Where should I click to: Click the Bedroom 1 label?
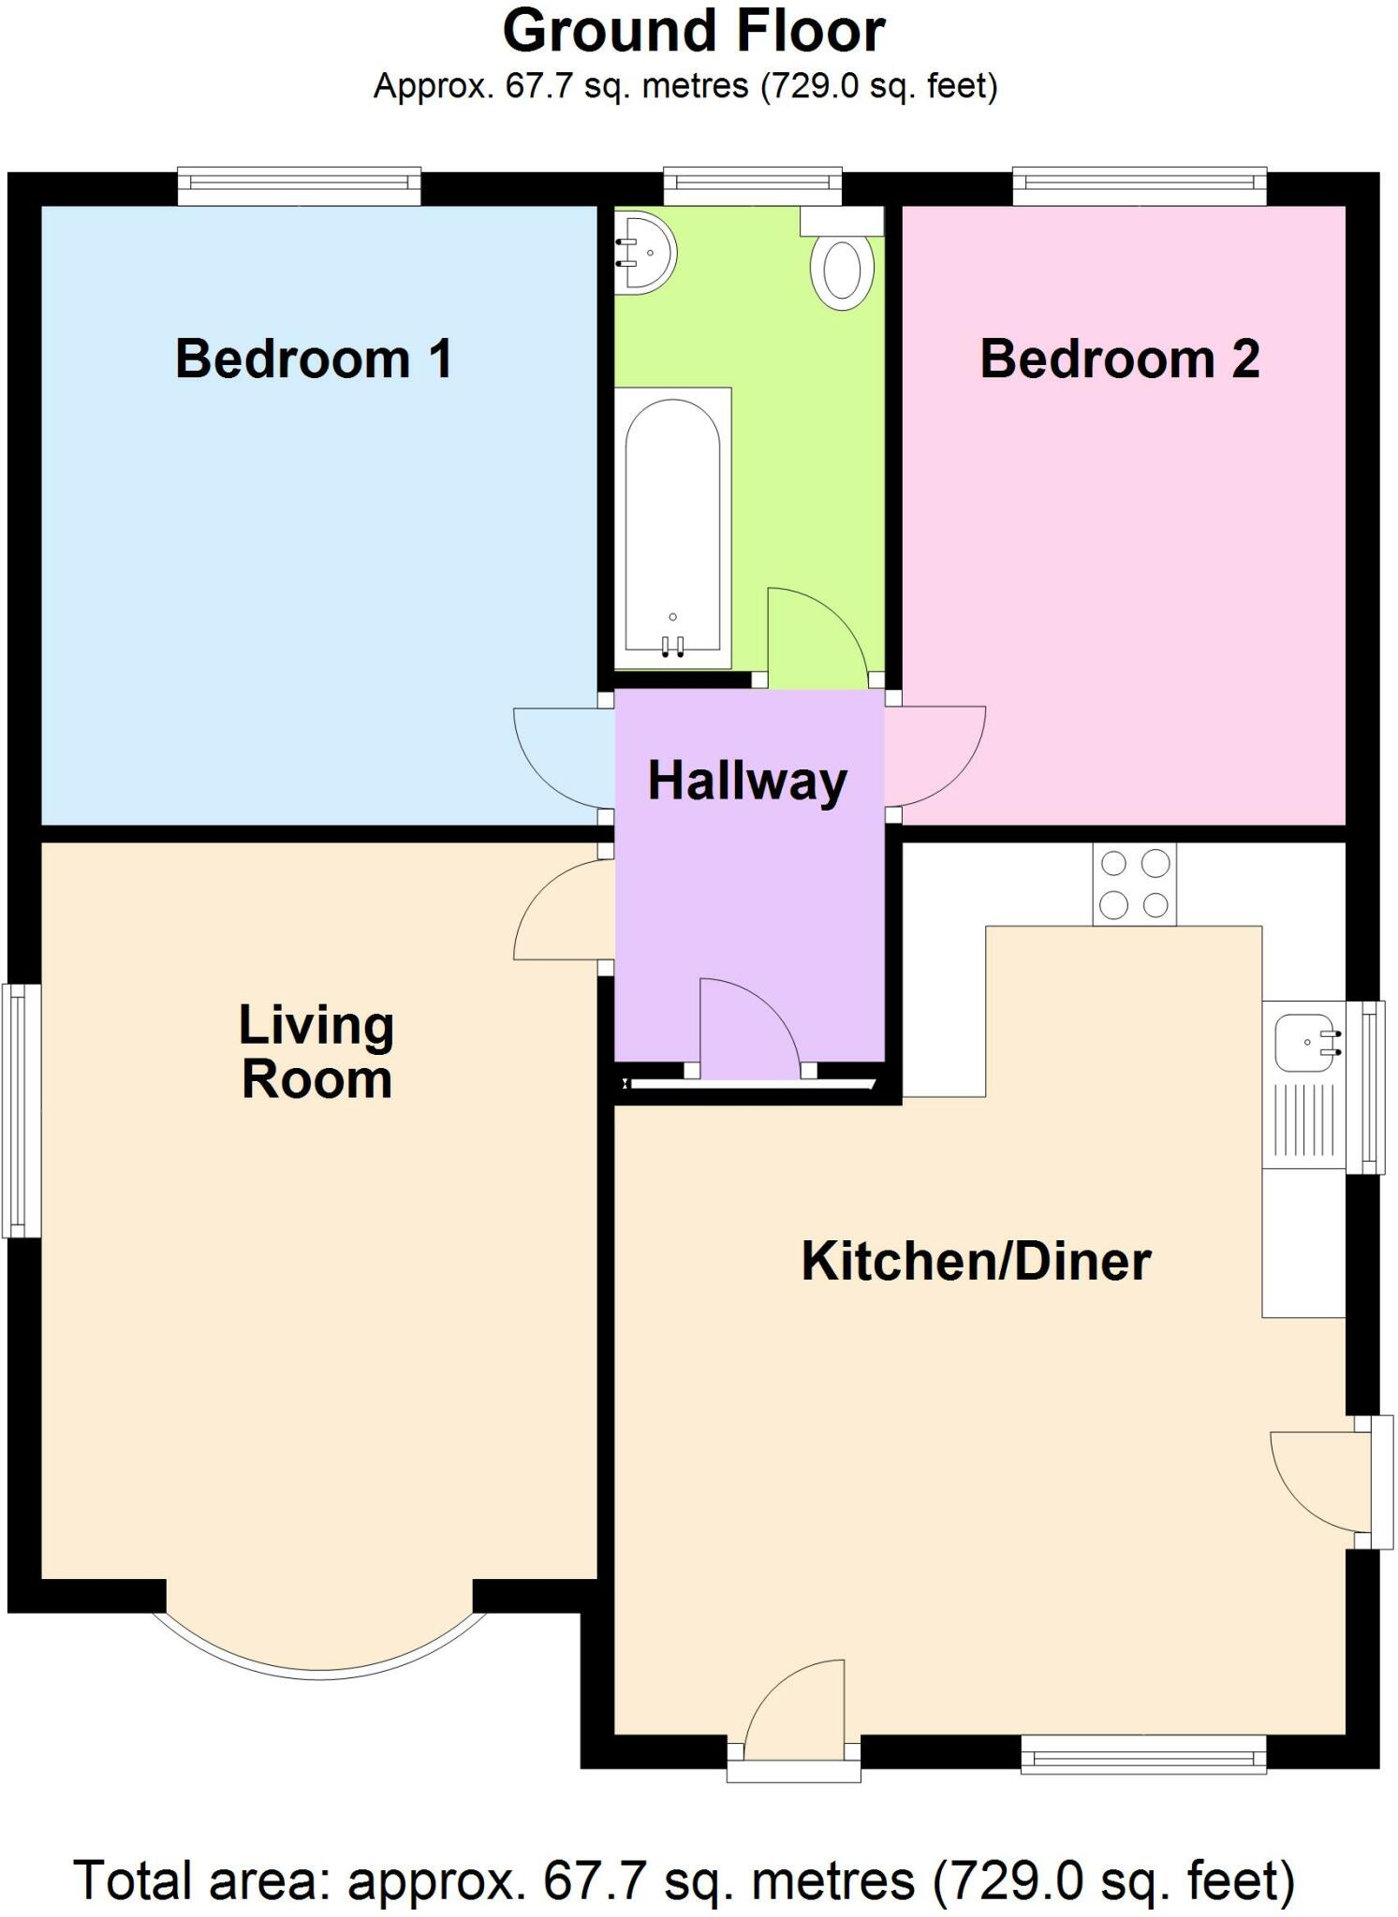click(x=314, y=359)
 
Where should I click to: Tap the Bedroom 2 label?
click(x=1120, y=359)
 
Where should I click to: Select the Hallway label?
click(x=747, y=782)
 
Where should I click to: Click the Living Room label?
click(x=316, y=1052)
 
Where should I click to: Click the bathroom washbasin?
click(x=644, y=253)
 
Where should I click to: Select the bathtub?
click(x=672, y=528)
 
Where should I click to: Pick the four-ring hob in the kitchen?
click(x=1134, y=884)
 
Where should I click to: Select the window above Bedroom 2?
click(x=1140, y=185)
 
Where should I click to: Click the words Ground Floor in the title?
click(x=694, y=31)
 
